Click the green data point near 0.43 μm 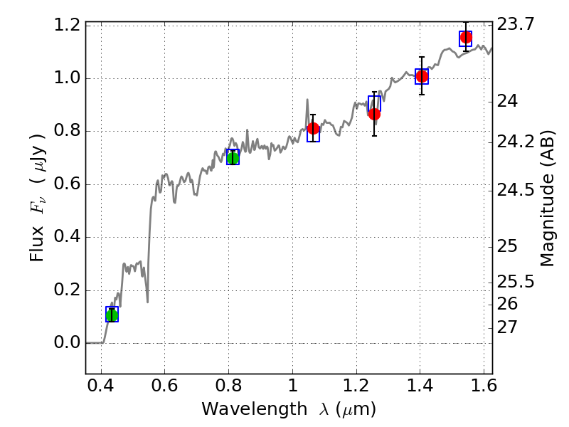tap(112, 315)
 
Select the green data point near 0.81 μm tap(233, 157)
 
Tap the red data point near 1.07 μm tap(314, 128)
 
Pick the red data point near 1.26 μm tap(374, 114)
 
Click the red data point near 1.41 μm tap(422, 76)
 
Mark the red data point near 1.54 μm tap(466, 37)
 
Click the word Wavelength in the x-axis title tap(242, 409)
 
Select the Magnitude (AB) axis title tap(548, 199)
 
